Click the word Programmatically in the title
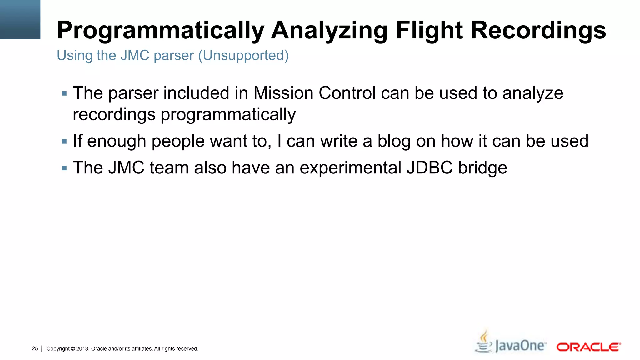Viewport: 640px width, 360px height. click(x=161, y=31)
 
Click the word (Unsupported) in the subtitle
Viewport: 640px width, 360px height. click(x=243, y=56)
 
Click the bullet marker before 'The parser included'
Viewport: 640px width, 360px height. click(x=64, y=93)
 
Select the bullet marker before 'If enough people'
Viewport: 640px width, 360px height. click(x=64, y=142)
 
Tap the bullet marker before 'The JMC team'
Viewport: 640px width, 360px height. click(x=64, y=168)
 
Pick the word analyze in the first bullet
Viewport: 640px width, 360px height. click(x=532, y=93)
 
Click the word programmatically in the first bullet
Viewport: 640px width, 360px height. click(x=228, y=115)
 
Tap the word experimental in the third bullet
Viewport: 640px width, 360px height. click(x=350, y=168)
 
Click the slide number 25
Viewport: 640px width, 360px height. click(x=35, y=348)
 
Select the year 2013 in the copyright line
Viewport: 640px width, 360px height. click(x=82, y=349)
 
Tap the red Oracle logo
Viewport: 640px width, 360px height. click(x=588, y=347)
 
